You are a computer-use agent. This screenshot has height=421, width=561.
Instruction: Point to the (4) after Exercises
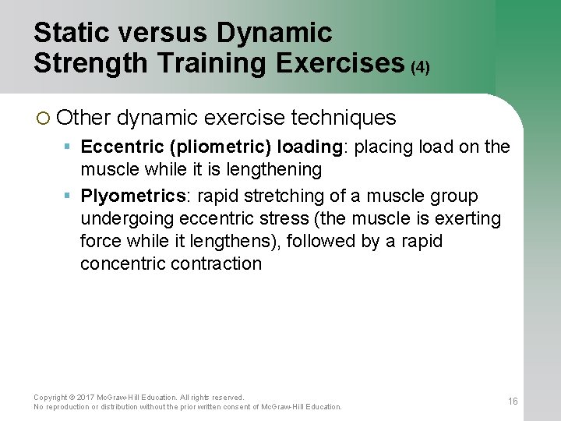(x=420, y=67)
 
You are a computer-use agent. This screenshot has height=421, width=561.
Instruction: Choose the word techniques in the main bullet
(x=343, y=118)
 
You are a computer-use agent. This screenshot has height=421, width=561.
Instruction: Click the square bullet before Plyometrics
(x=68, y=196)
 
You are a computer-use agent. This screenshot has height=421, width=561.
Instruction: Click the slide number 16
(x=513, y=402)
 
